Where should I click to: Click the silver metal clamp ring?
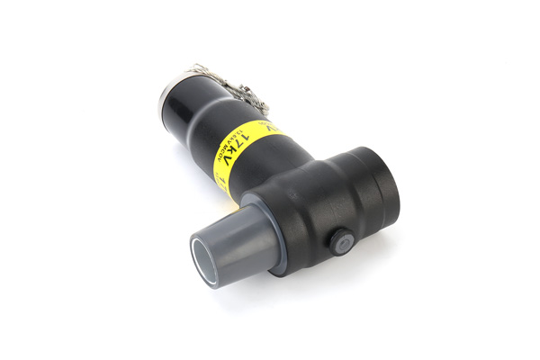(171, 87)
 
